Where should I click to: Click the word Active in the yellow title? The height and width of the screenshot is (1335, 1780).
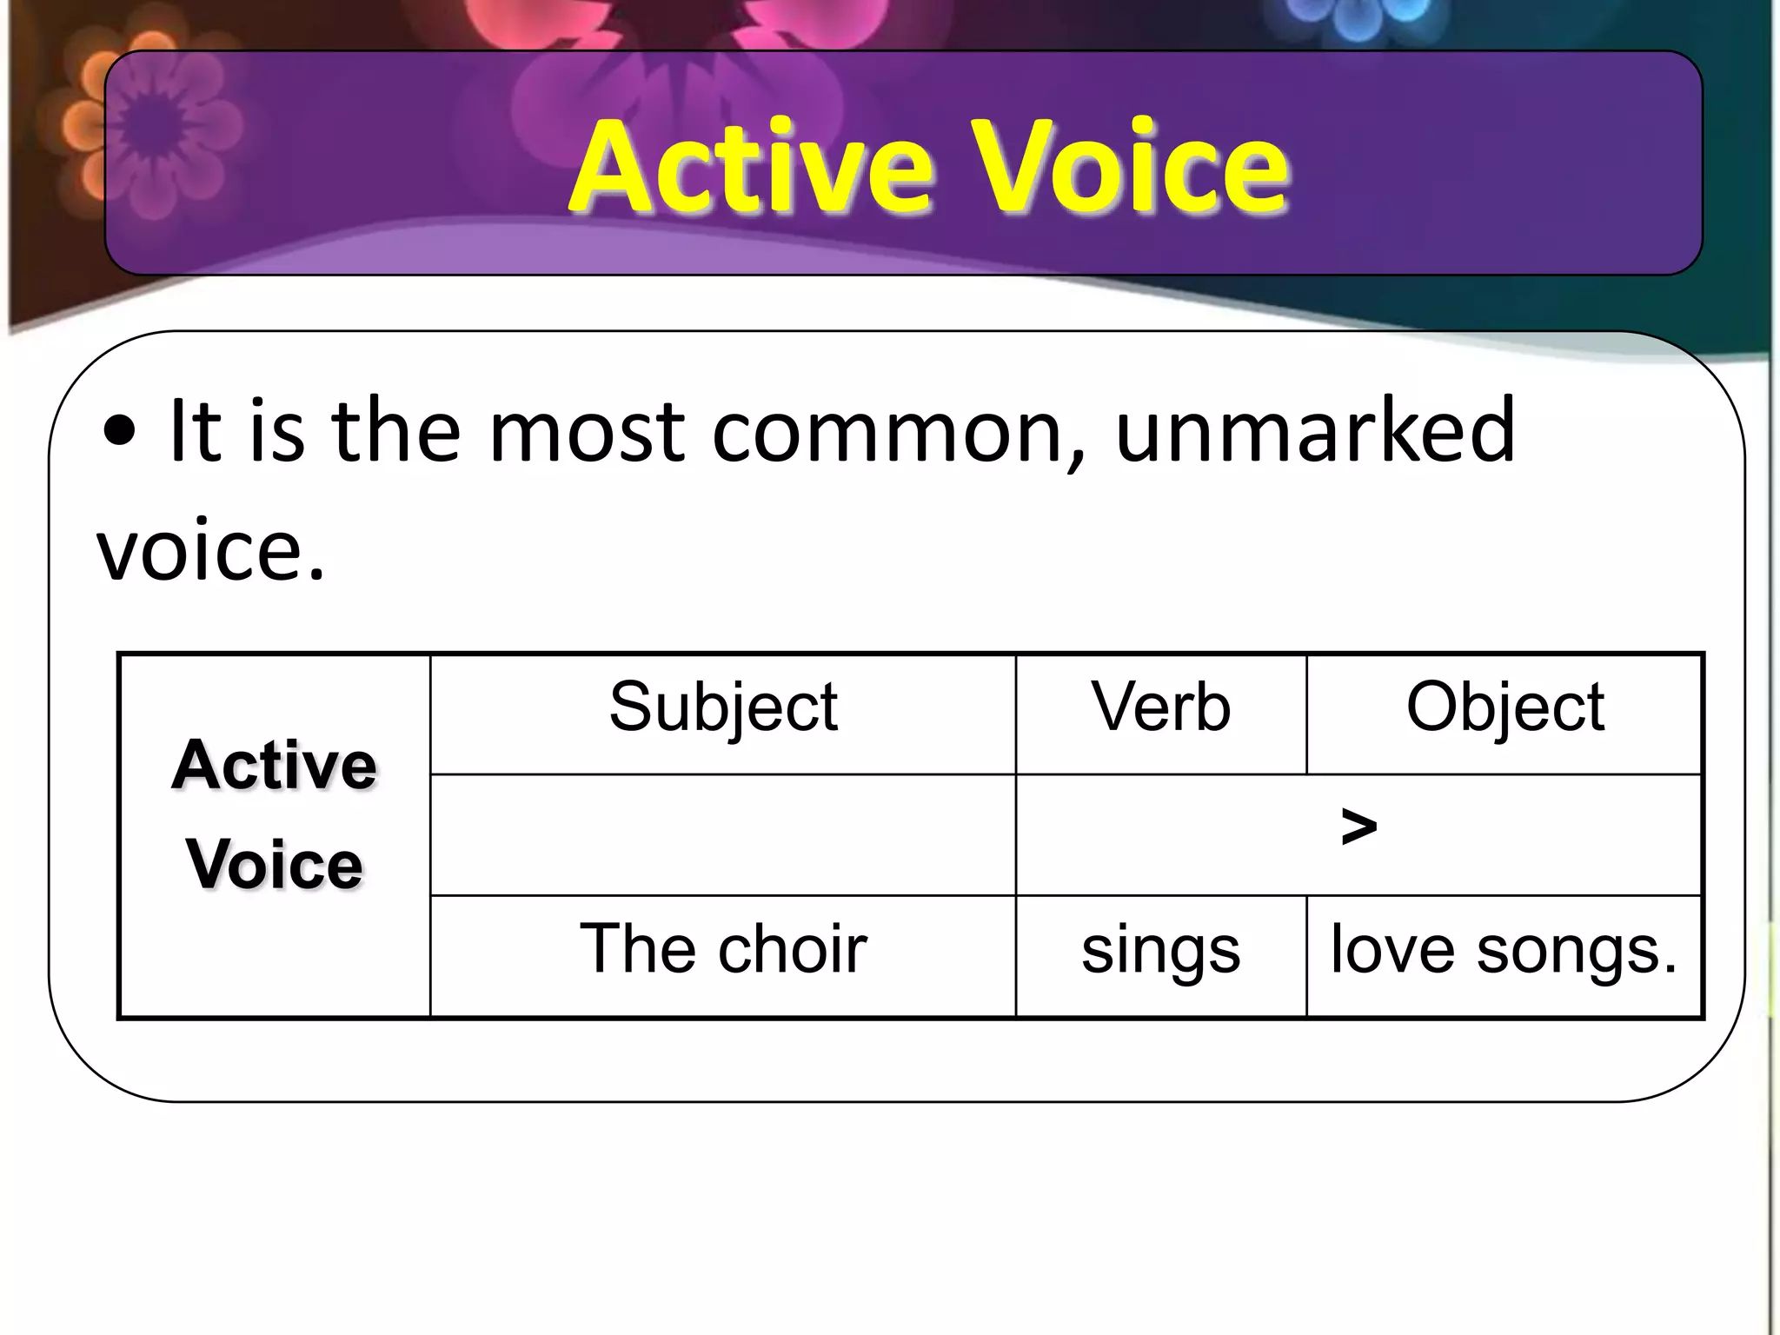[751, 167]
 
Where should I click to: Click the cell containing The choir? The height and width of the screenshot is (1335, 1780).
[723, 949]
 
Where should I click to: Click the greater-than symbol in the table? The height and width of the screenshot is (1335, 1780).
[1358, 827]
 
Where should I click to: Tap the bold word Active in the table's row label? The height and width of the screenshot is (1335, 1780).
[275, 766]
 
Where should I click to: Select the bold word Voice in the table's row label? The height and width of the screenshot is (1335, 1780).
[275, 865]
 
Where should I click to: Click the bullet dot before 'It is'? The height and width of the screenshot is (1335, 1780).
[118, 431]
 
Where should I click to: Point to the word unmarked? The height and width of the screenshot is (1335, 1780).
[1315, 431]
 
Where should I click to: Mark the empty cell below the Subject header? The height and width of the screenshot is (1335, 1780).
[723, 834]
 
